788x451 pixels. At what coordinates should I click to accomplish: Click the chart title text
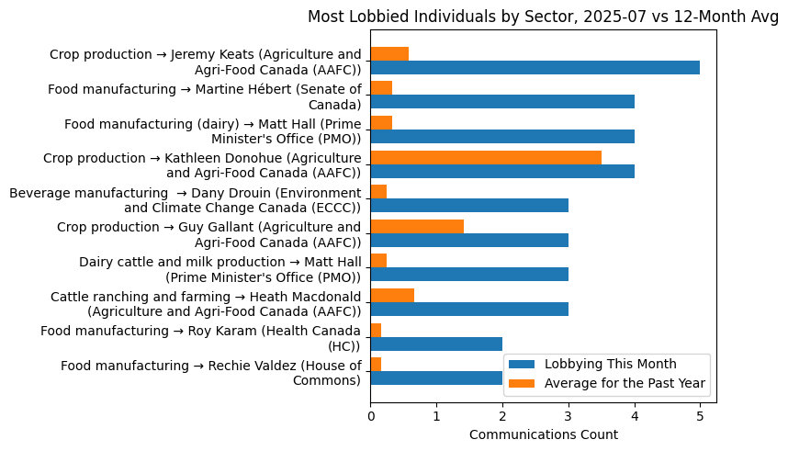542,17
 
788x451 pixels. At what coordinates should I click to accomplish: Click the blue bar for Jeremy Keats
535,68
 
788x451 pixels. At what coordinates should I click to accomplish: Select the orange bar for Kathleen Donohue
486,157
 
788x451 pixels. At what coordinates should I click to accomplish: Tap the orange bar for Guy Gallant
417,226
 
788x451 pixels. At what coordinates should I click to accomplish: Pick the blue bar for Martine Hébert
502,102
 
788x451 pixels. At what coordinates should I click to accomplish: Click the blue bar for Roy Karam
436,344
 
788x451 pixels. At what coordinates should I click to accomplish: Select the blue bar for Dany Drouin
469,206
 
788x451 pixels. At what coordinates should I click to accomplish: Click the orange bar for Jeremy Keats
389,53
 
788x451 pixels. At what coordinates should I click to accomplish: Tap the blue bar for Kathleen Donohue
502,171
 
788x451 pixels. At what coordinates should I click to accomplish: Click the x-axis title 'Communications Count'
544,434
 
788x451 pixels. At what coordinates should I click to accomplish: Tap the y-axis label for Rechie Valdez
210,373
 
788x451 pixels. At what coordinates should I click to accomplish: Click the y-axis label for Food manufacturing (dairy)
212,131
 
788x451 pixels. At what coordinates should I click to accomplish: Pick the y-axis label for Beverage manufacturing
185,200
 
